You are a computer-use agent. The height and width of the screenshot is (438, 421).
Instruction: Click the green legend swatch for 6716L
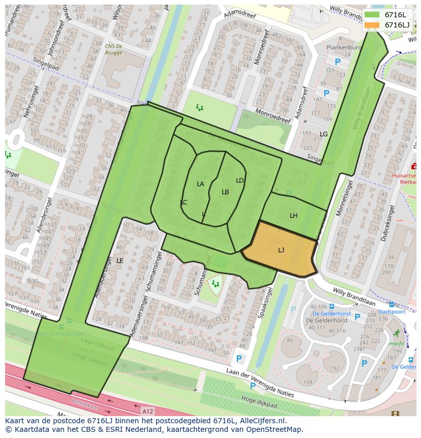point(372,15)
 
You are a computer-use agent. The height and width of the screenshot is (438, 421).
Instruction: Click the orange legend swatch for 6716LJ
point(372,25)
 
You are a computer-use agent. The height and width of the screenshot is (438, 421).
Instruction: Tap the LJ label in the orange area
point(281,250)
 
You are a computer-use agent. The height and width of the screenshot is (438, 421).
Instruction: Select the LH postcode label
point(293,216)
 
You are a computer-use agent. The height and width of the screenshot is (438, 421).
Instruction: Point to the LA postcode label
point(200,184)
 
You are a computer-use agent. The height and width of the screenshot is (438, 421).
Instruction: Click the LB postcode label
point(225,192)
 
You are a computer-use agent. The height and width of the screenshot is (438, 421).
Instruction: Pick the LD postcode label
point(239,180)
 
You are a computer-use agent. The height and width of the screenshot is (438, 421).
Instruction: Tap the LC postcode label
point(184,202)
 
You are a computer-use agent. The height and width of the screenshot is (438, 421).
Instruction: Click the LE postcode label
point(119,260)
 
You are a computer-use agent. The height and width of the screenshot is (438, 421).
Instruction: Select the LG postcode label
point(323,134)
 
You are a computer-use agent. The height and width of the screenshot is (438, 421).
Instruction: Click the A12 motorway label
point(147,411)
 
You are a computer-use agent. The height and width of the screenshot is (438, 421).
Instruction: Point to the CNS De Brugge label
point(113,49)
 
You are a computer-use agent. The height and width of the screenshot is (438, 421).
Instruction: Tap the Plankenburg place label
point(344,47)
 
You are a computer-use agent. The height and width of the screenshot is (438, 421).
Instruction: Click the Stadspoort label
point(391,312)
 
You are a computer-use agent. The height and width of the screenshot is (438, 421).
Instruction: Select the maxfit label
point(396,344)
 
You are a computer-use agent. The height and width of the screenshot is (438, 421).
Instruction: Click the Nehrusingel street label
point(20,99)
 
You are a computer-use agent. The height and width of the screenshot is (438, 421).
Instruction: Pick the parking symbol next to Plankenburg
point(338,62)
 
